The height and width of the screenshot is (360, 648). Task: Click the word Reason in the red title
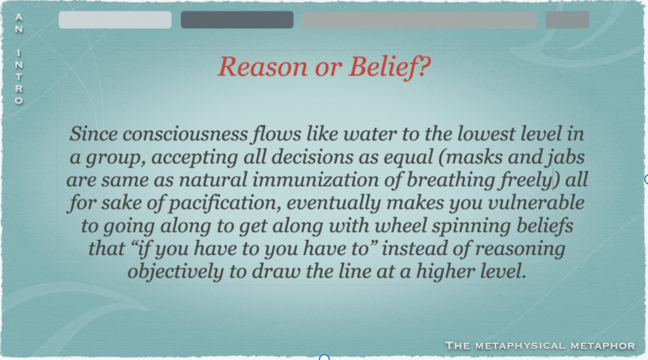[x=263, y=66]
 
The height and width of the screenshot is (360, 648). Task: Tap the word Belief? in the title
[x=389, y=66]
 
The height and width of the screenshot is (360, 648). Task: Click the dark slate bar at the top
[x=237, y=20]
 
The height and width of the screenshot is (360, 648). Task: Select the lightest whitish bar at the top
[x=115, y=20]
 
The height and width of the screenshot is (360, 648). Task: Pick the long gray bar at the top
[x=420, y=20]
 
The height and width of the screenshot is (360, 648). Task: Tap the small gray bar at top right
[x=568, y=20]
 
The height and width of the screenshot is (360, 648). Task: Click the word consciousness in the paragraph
[x=185, y=134]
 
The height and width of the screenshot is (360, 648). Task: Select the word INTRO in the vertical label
[x=18, y=77]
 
